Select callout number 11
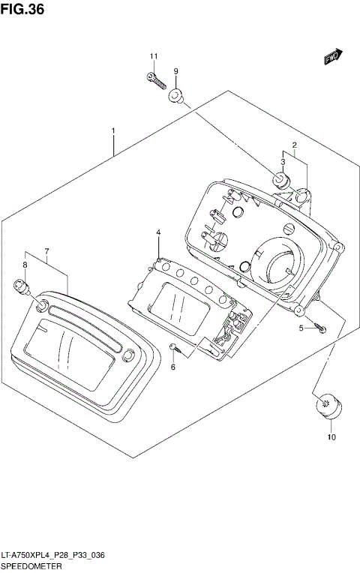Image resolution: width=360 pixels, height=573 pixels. click(x=154, y=57)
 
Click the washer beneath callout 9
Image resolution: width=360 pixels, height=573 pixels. click(x=177, y=95)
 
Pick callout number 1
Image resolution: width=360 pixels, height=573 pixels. click(x=113, y=131)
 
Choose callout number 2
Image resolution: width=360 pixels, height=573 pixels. click(x=295, y=145)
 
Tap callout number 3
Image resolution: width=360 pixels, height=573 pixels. click(x=283, y=161)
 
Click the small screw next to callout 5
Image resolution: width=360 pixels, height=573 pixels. click(x=320, y=328)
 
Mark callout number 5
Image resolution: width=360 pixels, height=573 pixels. click(x=301, y=328)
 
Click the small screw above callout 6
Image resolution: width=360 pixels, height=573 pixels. click(x=173, y=346)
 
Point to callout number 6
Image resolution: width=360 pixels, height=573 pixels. click(x=172, y=367)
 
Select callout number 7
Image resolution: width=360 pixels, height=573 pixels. click(x=46, y=250)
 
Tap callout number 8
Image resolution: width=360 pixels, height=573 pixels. click(x=25, y=265)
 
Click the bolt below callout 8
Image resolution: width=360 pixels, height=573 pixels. click(x=21, y=287)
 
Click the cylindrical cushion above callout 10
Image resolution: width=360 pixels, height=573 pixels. click(x=328, y=408)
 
